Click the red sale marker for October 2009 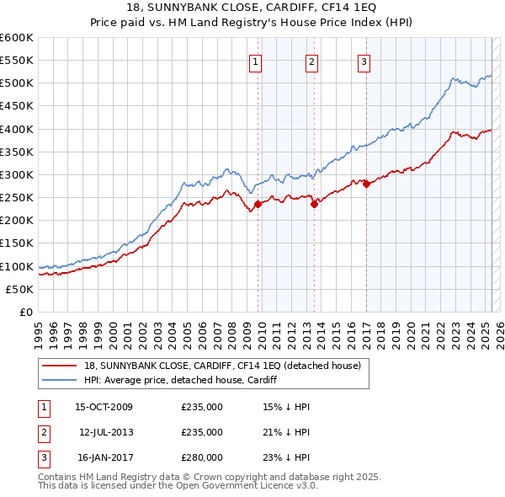(258, 203)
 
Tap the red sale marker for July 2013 (313, 203)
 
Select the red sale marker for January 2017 (366, 184)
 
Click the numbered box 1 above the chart (254, 60)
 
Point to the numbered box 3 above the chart (364, 60)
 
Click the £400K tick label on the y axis (18, 129)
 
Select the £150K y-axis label (18, 243)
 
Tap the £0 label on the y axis (25, 312)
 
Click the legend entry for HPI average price (181, 380)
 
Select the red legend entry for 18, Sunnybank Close (222, 366)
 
